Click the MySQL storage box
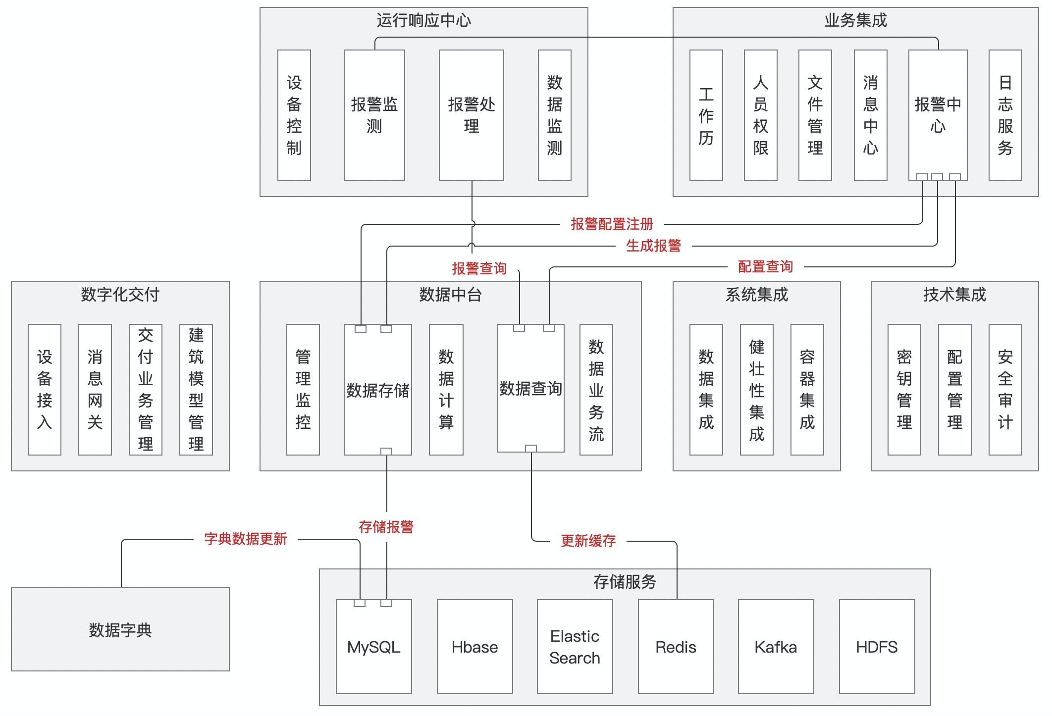coord(374,647)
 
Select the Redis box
coord(676,647)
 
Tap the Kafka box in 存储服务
coord(776,647)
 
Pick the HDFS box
coord(877,647)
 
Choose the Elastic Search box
coord(575,647)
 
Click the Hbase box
coord(474,647)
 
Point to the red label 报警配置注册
coord(612,224)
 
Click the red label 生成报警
coord(653,246)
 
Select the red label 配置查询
coord(765,267)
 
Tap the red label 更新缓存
coord(588,541)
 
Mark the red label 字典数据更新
coord(245,539)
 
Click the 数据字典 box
coord(120,629)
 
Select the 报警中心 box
coord(938,115)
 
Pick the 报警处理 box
coord(471,115)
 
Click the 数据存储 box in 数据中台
coord(377,390)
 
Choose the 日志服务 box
coord(1005,115)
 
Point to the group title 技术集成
coord(954,295)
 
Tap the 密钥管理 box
coord(904,390)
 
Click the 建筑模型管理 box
coord(196,390)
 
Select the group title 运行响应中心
coord(423,20)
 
